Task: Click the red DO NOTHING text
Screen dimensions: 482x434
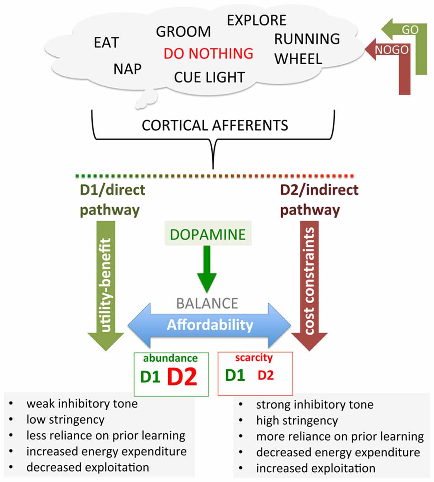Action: [x=208, y=53]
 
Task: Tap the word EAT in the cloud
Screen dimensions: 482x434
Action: [x=106, y=43]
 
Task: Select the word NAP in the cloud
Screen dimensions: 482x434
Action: [x=127, y=69]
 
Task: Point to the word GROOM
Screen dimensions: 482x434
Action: [x=183, y=32]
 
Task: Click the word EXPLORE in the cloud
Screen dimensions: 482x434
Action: [x=256, y=20]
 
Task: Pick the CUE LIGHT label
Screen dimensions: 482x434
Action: [x=209, y=77]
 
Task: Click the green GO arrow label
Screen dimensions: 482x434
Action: [x=410, y=30]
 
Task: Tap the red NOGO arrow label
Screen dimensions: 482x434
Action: [x=392, y=50]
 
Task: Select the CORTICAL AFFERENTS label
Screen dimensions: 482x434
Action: [x=215, y=125]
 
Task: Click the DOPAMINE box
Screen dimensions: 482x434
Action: [x=208, y=234]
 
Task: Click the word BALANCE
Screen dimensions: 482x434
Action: [x=207, y=303]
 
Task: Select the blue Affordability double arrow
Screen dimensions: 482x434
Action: [x=209, y=325]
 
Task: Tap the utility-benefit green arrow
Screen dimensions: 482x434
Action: [x=106, y=285]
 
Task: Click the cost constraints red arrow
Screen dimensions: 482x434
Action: [x=309, y=285]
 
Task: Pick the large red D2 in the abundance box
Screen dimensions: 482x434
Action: [x=182, y=377]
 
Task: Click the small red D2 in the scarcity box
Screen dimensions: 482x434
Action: [x=265, y=376]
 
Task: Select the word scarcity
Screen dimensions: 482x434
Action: [x=254, y=358]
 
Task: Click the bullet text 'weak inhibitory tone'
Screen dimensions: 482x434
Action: [x=82, y=403]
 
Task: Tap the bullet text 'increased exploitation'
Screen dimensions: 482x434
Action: [x=315, y=468]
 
